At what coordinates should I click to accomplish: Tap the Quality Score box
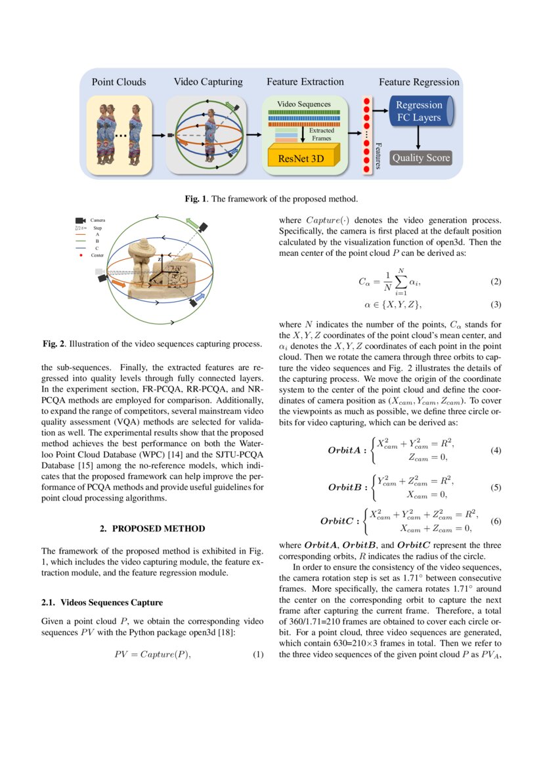click(420, 158)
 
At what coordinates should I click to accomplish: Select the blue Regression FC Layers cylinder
click(420, 112)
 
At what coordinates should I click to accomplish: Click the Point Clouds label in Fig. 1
click(119, 82)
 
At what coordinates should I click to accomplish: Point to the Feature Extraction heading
click(305, 82)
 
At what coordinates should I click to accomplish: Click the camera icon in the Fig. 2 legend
click(80, 220)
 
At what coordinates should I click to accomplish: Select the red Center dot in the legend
click(80, 255)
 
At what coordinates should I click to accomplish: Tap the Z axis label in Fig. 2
click(160, 260)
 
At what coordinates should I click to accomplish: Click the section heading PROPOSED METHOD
click(152, 528)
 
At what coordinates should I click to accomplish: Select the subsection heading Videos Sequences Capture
click(102, 602)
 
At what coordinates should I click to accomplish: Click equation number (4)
click(496, 451)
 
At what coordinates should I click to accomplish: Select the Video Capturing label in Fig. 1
click(208, 82)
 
